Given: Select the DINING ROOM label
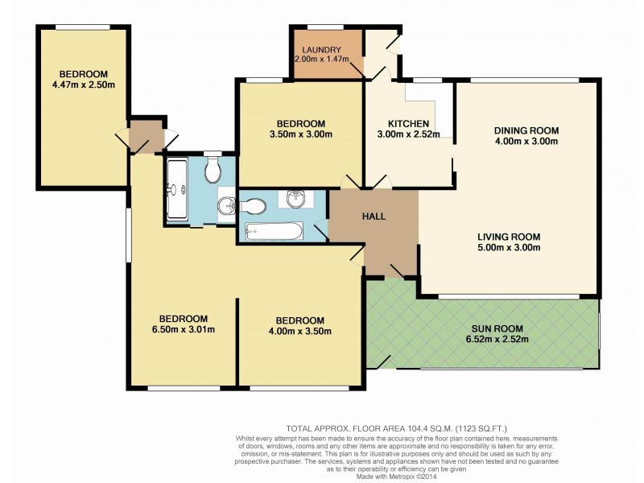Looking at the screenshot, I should [526, 130].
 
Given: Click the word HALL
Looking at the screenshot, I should [374, 217].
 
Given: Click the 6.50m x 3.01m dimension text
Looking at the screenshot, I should [184, 329].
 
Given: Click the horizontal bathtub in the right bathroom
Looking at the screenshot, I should [274, 232].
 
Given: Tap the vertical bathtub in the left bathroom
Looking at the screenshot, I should [175, 191].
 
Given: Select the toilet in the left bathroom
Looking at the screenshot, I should [213, 170].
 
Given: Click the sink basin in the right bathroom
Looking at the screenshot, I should [293, 197].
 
